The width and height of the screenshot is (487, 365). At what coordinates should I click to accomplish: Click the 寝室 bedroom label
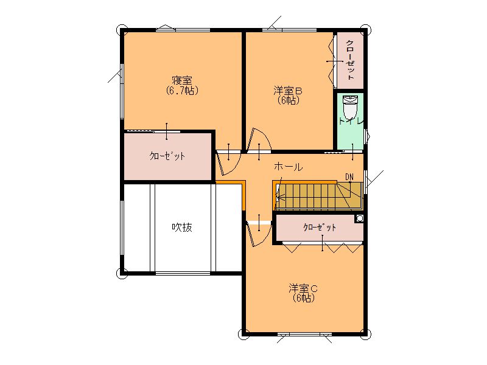click(182, 81)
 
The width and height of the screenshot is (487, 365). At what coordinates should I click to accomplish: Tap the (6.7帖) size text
click(182, 91)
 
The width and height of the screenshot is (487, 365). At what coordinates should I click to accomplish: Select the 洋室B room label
click(288, 91)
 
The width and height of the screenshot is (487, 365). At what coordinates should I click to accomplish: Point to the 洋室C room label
click(303, 288)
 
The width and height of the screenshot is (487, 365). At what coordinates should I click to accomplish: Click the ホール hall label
click(288, 167)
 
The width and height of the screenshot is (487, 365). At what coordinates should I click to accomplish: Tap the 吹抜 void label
click(182, 228)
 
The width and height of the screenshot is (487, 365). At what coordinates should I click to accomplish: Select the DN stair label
click(349, 177)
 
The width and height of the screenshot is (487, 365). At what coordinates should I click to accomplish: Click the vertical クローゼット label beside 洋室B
click(351, 60)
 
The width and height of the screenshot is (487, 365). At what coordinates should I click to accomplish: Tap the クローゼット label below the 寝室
click(167, 156)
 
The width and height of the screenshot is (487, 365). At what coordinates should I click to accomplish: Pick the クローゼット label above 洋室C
click(320, 228)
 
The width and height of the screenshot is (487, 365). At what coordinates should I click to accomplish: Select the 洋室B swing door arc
click(258, 139)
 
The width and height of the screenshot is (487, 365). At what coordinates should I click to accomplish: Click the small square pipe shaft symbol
click(359, 218)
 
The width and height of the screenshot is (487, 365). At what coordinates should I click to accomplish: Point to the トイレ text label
click(351, 121)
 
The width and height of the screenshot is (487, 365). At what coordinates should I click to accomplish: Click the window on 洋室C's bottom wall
click(304, 334)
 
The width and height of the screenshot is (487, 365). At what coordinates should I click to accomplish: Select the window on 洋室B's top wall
click(290, 30)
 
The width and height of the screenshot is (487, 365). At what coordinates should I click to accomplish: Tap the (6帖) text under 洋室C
click(303, 298)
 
